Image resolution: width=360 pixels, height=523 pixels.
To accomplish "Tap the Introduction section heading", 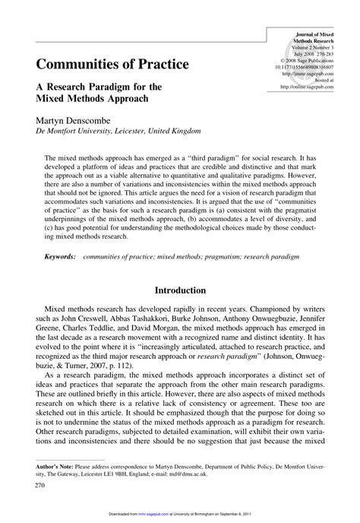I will (180, 290).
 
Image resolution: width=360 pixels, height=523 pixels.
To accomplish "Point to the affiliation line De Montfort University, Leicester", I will (104, 130).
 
